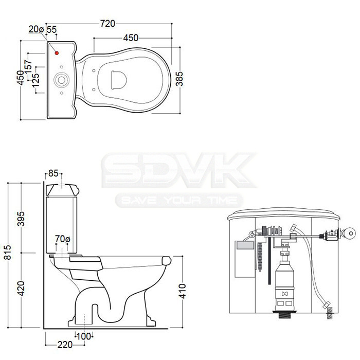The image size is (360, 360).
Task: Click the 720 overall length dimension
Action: (107, 24)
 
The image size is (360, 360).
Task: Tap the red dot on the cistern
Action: (57, 53)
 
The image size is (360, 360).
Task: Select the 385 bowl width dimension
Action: (179, 79)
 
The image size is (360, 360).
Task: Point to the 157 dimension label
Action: (28, 66)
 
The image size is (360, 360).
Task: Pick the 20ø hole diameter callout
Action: (36, 29)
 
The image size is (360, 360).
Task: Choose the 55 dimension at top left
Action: (51, 29)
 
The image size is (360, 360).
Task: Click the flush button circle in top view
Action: (61, 80)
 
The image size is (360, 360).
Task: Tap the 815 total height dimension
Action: (8, 252)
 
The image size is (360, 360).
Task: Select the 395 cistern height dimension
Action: (21, 219)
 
